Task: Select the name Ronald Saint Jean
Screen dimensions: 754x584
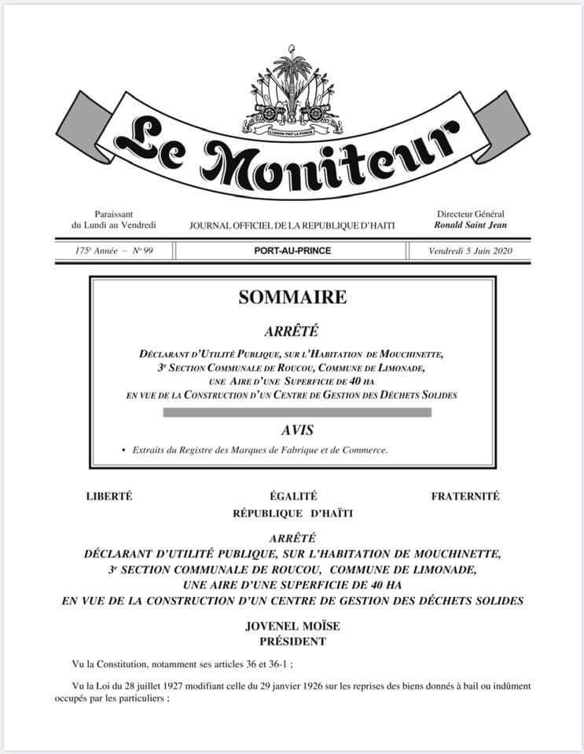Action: click(470, 225)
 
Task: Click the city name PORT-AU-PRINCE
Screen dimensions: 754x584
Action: click(292, 251)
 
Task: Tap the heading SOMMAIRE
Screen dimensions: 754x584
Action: click(292, 298)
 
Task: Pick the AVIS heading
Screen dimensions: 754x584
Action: click(292, 430)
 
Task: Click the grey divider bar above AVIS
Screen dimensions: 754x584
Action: click(292, 412)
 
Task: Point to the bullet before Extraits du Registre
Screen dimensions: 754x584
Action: click(123, 451)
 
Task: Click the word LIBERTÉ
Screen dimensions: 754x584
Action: click(108, 496)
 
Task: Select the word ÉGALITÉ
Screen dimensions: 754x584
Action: click(292, 496)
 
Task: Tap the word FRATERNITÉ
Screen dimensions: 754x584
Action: click(465, 496)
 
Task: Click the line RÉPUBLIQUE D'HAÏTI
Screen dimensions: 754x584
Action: click(292, 513)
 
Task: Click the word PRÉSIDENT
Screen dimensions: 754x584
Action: click(292, 641)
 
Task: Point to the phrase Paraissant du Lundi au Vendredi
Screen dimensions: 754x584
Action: click(114, 220)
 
